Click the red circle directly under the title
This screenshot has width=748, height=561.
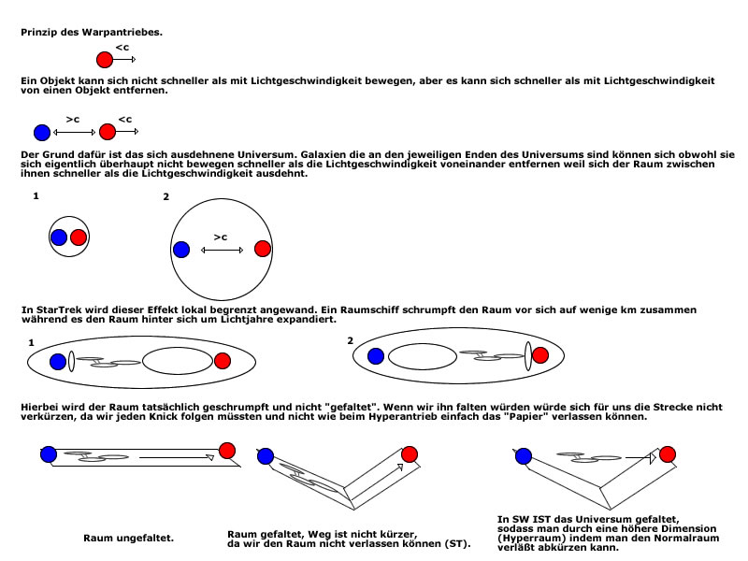105,60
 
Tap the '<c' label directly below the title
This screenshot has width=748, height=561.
122,47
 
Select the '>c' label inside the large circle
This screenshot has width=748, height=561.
221,237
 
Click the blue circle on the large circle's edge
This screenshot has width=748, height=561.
181,249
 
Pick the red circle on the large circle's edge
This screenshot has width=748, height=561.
263,249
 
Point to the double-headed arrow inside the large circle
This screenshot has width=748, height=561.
222,250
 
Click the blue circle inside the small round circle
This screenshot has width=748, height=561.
60,237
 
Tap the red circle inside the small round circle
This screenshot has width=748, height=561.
79,237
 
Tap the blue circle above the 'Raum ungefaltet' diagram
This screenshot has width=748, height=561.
49,454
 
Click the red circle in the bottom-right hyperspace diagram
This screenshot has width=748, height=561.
667,455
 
